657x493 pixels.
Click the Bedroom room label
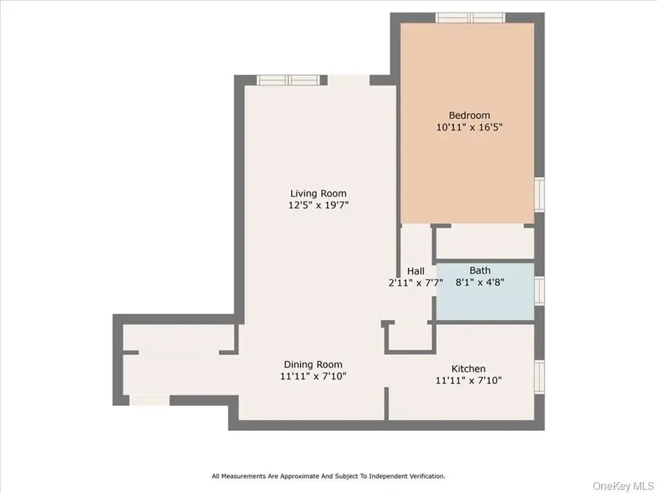click(x=469, y=115)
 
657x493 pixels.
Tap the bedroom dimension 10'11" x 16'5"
click(x=469, y=126)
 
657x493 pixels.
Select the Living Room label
click(x=318, y=194)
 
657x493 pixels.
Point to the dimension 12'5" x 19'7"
click(x=318, y=205)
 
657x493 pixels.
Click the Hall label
click(x=415, y=271)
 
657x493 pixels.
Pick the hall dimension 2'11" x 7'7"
click(x=415, y=283)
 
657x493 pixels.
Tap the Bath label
click(x=480, y=270)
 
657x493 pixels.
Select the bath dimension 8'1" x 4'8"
click(x=480, y=282)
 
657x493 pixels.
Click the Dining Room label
click(x=312, y=364)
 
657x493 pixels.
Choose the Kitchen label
click(x=468, y=369)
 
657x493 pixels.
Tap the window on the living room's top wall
click(x=288, y=80)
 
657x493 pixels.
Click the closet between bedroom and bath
click(x=485, y=243)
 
